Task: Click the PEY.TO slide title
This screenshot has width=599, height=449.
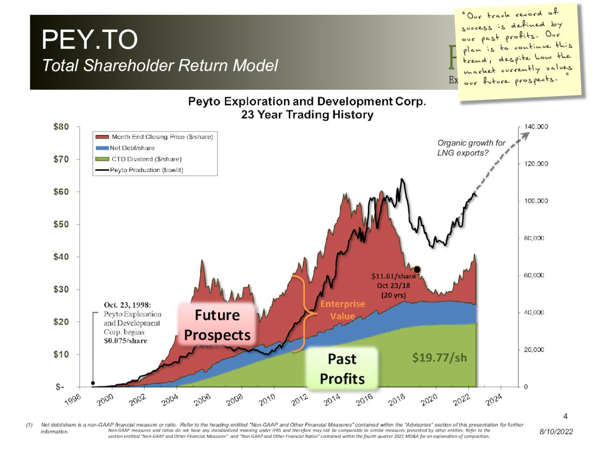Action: tap(89, 39)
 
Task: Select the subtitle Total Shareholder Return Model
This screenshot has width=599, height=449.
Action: tap(160, 65)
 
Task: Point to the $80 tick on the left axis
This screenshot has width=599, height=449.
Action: tap(61, 127)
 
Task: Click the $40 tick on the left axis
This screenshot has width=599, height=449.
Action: tap(61, 257)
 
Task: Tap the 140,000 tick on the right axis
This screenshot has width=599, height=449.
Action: tap(536, 127)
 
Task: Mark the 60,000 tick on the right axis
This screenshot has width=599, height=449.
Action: tap(534, 275)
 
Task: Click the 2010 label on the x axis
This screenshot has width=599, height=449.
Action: tap(267, 400)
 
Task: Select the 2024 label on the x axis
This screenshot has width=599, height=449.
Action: tap(494, 400)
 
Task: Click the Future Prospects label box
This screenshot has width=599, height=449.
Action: tap(217, 325)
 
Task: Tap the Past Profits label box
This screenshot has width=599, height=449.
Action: tap(342, 369)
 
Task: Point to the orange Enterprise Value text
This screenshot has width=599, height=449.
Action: tap(342, 310)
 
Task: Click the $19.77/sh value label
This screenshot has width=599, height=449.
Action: tap(439, 358)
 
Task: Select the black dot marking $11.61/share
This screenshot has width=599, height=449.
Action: tap(417, 269)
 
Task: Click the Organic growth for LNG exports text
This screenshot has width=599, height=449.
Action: tap(471, 148)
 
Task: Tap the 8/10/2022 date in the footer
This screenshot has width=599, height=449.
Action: tap(556, 432)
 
